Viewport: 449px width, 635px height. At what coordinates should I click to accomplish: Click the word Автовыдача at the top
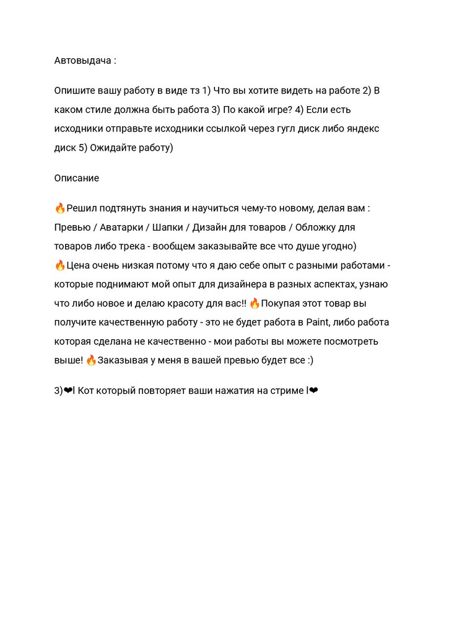point(82,61)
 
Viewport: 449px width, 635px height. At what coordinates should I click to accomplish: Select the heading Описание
point(76,178)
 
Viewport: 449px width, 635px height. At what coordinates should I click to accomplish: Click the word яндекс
point(360,129)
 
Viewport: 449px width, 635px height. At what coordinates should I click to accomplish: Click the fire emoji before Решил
point(60,208)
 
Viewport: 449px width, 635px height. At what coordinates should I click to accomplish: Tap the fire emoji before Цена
point(60,265)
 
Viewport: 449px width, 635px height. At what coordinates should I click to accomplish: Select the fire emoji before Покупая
point(255,303)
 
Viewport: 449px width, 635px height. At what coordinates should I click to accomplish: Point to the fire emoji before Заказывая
point(91,360)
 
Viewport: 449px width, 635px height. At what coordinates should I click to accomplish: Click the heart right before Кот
point(68,391)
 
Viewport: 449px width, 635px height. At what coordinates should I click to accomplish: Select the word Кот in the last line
point(88,391)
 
